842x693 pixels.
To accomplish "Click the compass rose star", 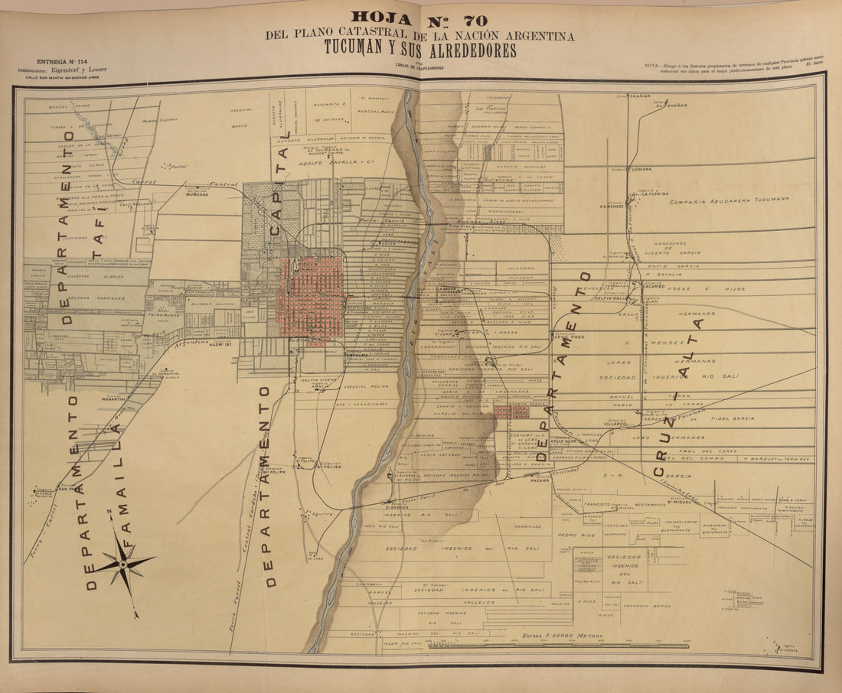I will point(123,564).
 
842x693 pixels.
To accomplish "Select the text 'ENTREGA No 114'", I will point(61,61).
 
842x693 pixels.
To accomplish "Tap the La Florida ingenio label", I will point(654,194).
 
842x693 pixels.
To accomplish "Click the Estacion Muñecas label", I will point(197,194).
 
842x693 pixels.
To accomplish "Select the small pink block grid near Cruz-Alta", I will point(511,412).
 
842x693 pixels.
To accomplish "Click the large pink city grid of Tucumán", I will point(312,299).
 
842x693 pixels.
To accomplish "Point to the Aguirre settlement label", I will point(321,514).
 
